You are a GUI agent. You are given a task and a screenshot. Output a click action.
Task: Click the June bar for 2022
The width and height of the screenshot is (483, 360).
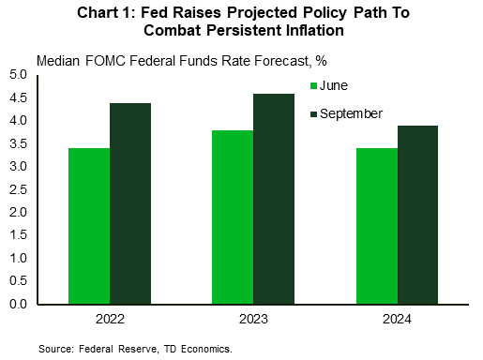(x=89, y=226)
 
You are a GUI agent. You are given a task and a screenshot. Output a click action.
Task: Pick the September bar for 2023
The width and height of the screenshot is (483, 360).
(x=274, y=199)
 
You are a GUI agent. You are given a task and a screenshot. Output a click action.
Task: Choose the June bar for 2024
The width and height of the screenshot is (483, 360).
(x=376, y=226)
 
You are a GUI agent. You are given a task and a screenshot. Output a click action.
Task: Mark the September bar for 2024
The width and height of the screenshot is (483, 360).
(x=417, y=215)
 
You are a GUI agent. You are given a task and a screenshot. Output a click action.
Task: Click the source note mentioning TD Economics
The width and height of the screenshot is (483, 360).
(x=135, y=348)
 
